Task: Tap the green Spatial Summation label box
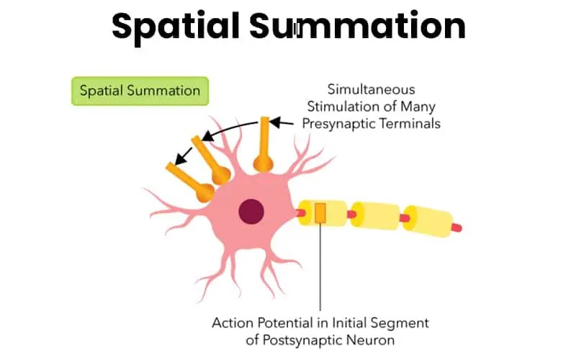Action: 140,91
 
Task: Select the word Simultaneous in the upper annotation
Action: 371,91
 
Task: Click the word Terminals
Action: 413,123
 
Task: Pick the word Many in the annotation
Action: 415,107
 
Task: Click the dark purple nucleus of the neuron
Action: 251,211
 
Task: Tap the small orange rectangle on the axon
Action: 320,213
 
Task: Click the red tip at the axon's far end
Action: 456,228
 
